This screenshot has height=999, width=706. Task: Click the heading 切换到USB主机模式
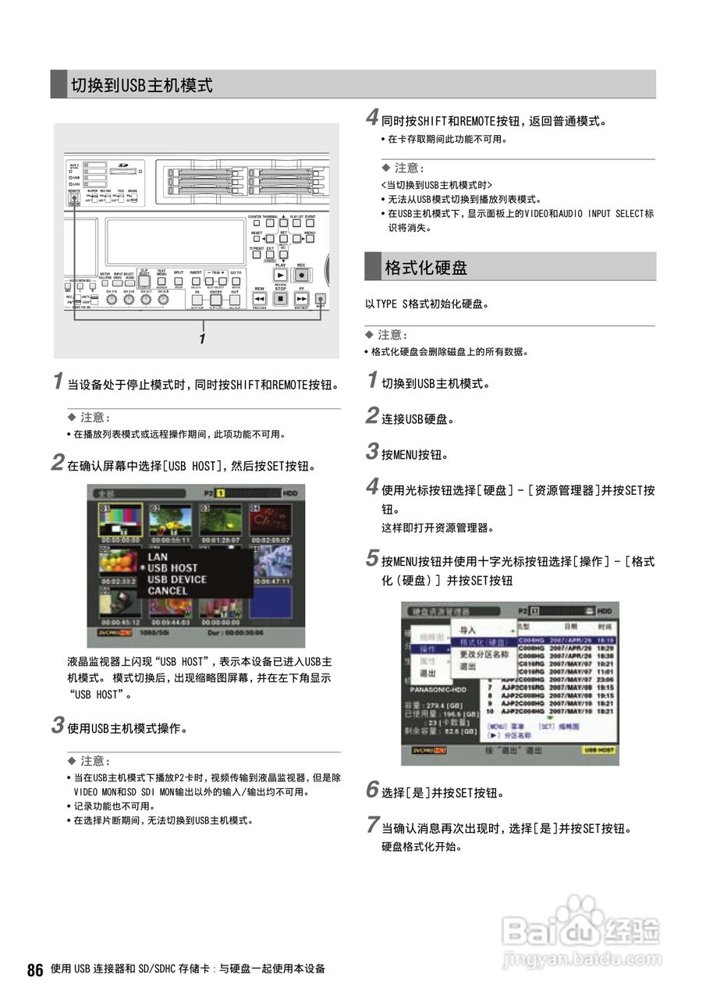(141, 85)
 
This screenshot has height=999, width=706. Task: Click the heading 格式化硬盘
(425, 268)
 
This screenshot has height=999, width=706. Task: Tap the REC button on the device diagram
(301, 275)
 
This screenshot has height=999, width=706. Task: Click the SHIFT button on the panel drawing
(320, 299)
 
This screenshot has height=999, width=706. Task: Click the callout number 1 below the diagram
(202, 340)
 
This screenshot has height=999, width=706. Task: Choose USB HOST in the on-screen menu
(172, 568)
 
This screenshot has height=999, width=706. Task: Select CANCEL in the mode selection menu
(167, 591)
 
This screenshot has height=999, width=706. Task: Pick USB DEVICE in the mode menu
(176, 580)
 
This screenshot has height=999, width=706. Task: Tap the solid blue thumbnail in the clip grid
(270, 602)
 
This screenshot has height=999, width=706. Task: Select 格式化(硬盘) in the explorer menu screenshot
(482, 642)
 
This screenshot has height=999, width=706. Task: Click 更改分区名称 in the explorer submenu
(484, 654)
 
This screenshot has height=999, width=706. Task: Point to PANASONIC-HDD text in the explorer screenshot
(436, 690)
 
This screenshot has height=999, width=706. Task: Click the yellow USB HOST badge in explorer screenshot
(598, 750)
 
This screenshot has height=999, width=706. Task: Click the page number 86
(34, 970)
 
